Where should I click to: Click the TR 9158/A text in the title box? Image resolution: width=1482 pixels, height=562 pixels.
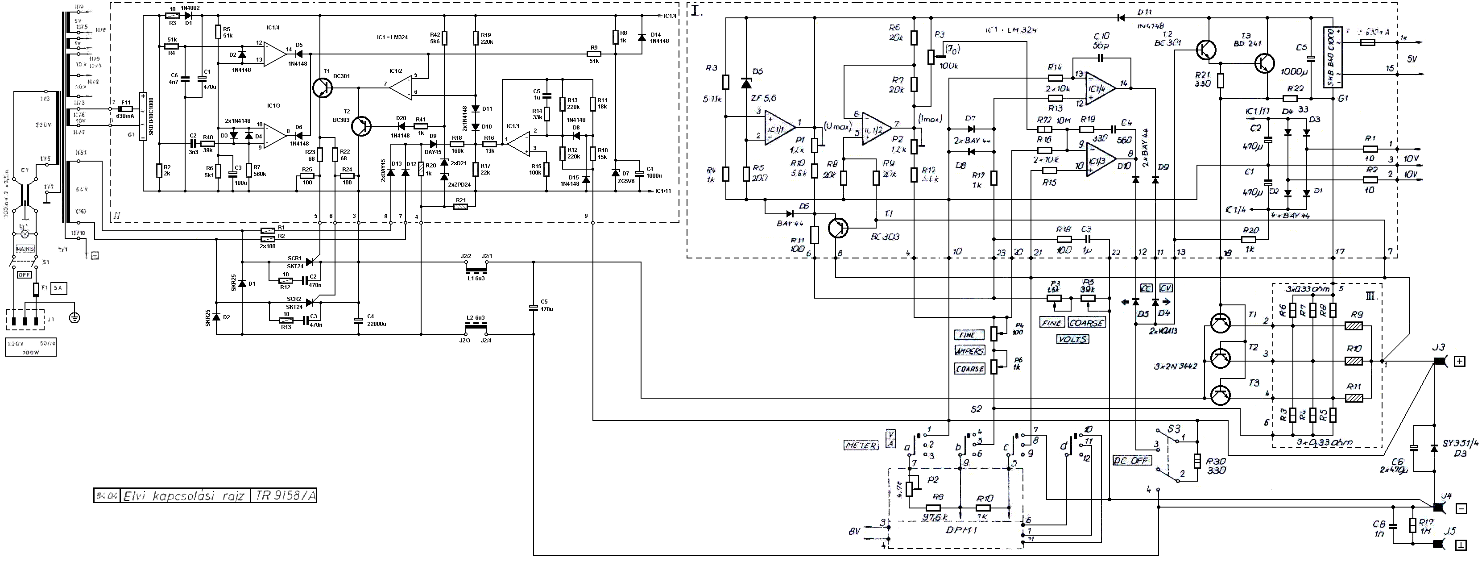point(283,496)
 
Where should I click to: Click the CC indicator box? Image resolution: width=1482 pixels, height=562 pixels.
point(1146,288)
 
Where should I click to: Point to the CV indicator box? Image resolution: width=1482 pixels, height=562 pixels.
point(1166,288)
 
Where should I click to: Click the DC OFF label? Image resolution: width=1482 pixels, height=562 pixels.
point(1131,461)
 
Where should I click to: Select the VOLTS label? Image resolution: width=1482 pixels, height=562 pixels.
point(1072,339)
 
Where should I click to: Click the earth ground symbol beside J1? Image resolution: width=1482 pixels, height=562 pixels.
point(74,316)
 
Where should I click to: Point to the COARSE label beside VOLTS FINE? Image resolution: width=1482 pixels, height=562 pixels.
point(1087,323)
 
